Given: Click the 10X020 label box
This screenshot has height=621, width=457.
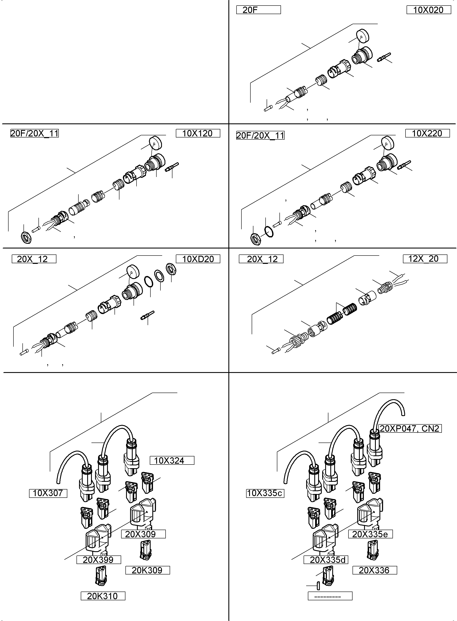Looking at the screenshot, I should [429, 10].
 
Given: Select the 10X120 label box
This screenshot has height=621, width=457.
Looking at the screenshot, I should [198, 133].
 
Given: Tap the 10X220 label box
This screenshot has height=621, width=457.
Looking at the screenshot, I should [427, 133].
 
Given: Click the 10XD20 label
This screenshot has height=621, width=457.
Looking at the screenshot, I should [198, 259].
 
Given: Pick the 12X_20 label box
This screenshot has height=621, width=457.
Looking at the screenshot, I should [425, 259].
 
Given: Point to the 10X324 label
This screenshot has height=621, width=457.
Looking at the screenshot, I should [172, 460].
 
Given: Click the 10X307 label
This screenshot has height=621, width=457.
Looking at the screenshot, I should [48, 493].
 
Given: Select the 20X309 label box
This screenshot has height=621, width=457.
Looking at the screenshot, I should [143, 534].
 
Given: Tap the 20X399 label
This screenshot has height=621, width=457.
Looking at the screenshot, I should [98, 560].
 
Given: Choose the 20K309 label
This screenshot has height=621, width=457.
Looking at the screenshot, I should [147, 570].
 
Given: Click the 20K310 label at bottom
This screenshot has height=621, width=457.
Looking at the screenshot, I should [103, 596].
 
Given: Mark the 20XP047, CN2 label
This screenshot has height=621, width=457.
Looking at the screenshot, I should [409, 429].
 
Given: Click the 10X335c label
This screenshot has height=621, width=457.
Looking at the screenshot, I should [265, 493].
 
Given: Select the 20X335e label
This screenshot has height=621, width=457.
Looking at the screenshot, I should [370, 534].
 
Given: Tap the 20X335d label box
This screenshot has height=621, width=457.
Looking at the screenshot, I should [326, 560].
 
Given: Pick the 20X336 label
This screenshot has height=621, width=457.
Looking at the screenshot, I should [375, 570].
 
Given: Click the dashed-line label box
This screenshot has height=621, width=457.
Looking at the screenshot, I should [330, 596].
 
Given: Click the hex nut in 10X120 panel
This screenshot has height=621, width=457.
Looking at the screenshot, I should [26, 238].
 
